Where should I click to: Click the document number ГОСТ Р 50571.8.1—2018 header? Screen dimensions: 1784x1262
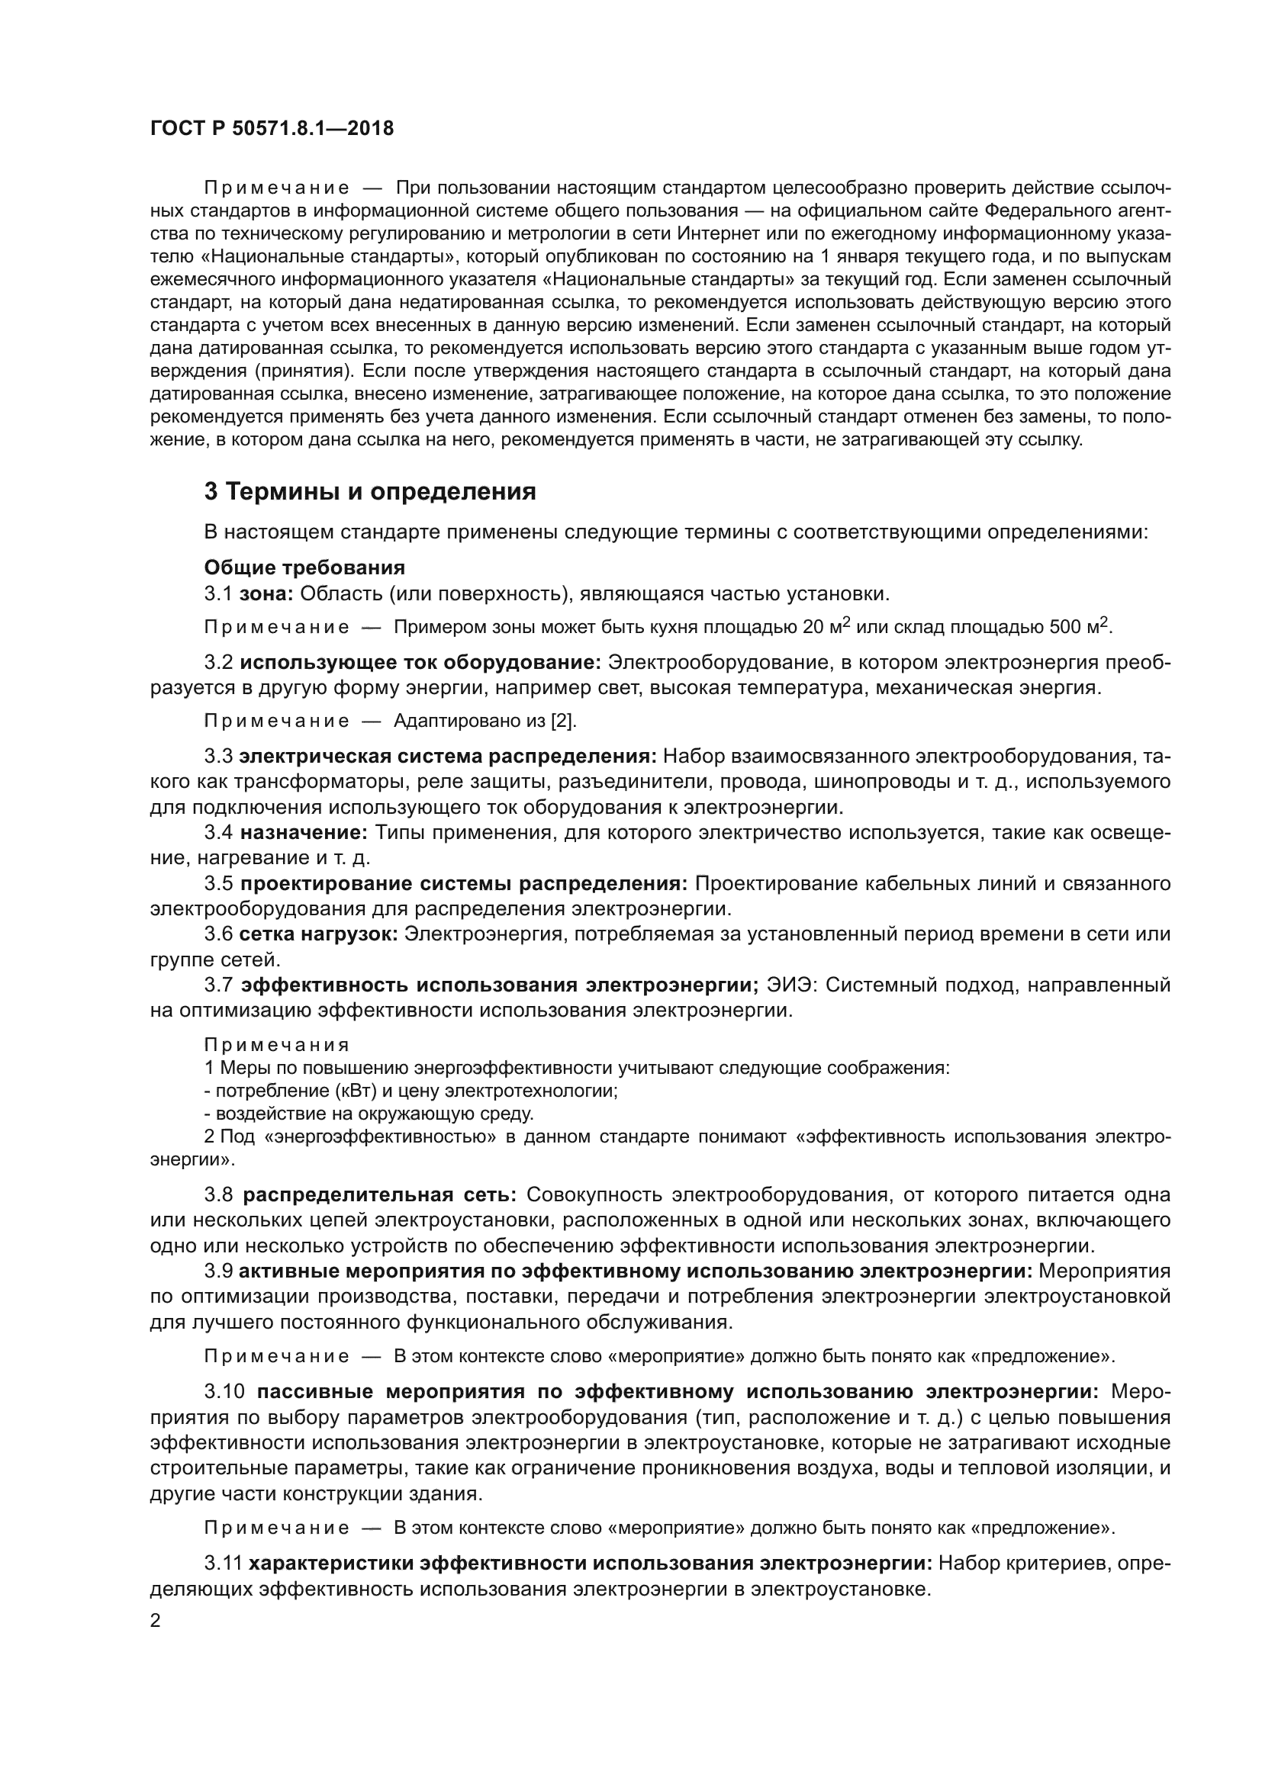[272, 129]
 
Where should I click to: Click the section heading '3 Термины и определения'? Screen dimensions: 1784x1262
[370, 491]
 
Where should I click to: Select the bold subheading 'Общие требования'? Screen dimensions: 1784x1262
[304, 567]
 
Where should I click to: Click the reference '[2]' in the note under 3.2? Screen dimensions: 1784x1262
[562, 721]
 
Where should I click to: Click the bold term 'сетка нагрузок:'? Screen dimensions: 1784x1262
[319, 934]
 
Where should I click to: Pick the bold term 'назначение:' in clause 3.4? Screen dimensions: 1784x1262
[303, 833]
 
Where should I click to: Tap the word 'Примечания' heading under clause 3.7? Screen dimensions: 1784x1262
[277, 1045]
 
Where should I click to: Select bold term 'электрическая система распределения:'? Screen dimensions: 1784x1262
[449, 757]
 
